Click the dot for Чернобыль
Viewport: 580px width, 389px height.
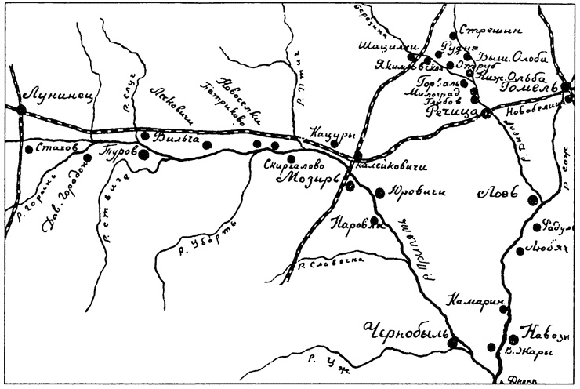click(452, 342)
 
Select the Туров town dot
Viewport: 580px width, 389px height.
click(144, 155)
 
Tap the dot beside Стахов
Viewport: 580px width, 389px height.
click(28, 148)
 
